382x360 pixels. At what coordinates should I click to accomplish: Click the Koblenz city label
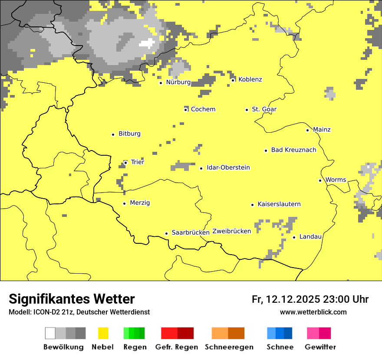[x=250, y=79]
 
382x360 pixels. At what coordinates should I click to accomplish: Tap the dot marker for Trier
[x=125, y=163]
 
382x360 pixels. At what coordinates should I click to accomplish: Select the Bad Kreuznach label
[x=293, y=150]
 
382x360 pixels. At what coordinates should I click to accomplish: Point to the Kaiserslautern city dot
[x=252, y=205]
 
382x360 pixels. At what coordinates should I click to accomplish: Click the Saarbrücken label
[x=191, y=232]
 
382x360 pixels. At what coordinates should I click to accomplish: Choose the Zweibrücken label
[x=231, y=231]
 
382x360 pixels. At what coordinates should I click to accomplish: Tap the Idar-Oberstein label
[x=228, y=168]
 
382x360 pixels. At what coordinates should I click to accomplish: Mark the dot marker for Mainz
[x=307, y=130]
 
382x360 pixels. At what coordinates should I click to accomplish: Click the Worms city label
[x=336, y=180]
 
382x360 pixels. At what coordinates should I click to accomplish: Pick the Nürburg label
[x=178, y=82]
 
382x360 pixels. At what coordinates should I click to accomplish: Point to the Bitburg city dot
[x=113, y=134]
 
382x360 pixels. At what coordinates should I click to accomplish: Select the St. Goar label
[x=264, y=109]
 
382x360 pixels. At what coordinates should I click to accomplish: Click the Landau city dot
[x=294, y=237]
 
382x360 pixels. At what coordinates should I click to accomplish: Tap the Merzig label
[x=140, y=203]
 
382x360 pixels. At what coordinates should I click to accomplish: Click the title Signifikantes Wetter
[x=72, y=299]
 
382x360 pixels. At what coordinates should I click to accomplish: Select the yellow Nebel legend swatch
[x=103, y=333]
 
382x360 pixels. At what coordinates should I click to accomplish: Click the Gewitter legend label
[x=320, y=347]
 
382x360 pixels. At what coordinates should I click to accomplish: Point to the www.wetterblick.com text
[x=313, y=312]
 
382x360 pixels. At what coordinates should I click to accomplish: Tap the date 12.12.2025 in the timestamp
[x=293, y=299]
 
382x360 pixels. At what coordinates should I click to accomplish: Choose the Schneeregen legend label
[x=229, y=347]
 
